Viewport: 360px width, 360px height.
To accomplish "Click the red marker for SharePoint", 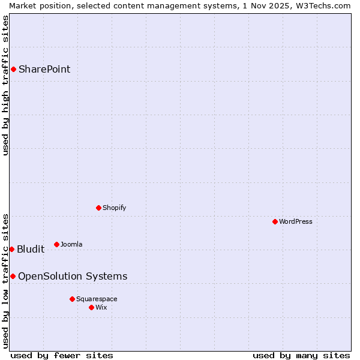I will [x=13, y=69].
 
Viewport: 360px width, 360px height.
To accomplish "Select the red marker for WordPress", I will [x=275, y=221].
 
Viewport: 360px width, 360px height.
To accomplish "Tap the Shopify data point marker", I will [x=98, y=208].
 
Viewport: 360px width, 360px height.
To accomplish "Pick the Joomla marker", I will [x=56, y=244].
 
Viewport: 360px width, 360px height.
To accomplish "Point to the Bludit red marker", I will [x=11, y=249].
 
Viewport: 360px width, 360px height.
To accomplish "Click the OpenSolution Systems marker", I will [x=13, y=276].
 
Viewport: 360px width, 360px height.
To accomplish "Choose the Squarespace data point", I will [x=72, y=299].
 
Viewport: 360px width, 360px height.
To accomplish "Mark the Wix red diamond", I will [x=91, y=307].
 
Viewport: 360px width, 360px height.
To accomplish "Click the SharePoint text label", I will [x=44, y=69].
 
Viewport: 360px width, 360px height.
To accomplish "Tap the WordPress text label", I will [x=296, y=221].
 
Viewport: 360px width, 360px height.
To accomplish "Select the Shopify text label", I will [x=114, y=208].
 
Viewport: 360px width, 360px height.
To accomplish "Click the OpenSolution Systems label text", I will [x=73, y=276].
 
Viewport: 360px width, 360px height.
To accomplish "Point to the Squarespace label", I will [x=97, y=299].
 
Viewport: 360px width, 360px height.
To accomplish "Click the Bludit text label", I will [x=31, y=249].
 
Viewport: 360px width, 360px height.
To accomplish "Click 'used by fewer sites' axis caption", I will [x=62, y=355].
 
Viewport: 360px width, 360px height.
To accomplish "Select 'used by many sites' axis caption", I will [x=301, y=355].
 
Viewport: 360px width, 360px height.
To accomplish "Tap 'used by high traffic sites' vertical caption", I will [x=5, y=85].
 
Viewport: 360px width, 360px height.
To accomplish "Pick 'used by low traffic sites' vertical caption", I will [x=5, y=281].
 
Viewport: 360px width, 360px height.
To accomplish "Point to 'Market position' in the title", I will [x=35, y=5].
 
